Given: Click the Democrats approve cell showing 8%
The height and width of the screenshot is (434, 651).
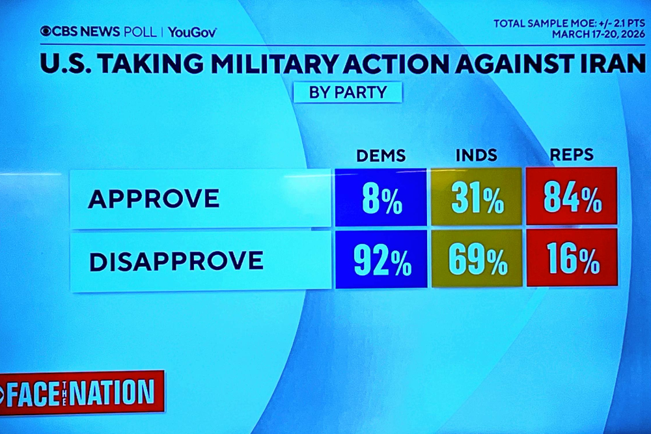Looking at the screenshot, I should (381, 198).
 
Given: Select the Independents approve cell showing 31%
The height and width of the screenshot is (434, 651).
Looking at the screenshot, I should (476, 198).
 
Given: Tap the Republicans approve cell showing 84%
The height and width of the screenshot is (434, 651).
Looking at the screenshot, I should (572, 197).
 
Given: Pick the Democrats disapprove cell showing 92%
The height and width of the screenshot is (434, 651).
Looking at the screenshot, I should (381, 260).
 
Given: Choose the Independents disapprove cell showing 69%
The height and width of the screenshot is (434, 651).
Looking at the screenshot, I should (477, 259).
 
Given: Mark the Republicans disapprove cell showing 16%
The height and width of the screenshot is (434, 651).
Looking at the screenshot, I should (572, 258).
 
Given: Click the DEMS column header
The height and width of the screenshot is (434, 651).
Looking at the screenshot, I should (381, 156).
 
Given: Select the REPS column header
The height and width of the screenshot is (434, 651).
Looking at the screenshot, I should (571, 155).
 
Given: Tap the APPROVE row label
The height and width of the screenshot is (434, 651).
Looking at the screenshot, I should (154, 199).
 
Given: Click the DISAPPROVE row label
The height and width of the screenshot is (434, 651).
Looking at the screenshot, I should (176, 261).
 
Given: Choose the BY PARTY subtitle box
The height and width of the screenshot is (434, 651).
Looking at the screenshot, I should (347, 92).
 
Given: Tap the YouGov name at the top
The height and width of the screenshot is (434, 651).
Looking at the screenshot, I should (193, 32).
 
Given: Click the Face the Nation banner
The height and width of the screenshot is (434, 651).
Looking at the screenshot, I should (81, 392).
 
